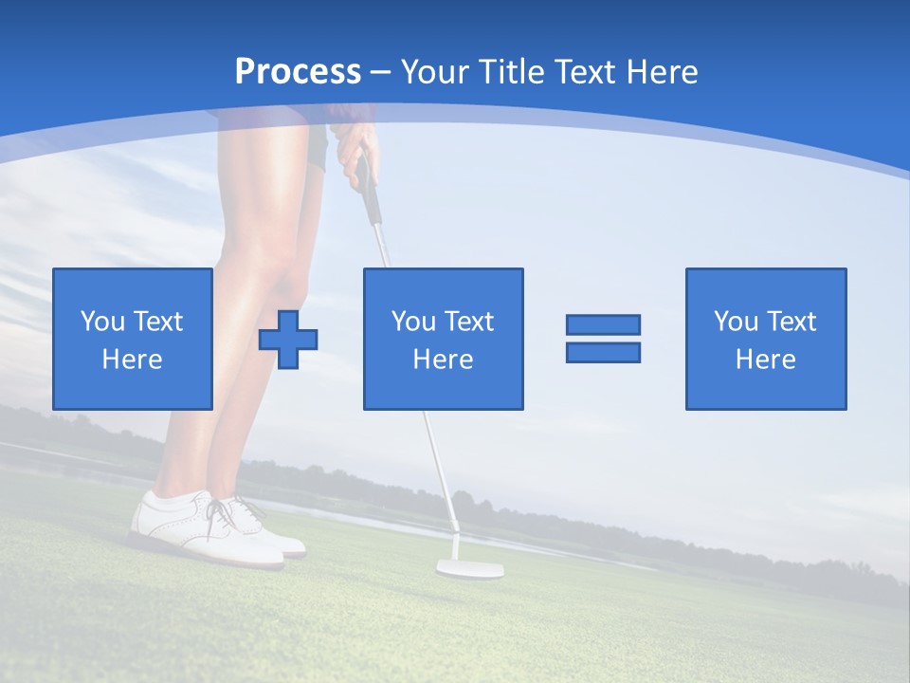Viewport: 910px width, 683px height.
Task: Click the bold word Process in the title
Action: (298, 72)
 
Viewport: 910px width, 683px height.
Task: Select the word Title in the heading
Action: (509, 72)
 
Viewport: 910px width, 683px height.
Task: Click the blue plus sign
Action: (288, 339)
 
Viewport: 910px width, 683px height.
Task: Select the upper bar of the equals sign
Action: (603, 324)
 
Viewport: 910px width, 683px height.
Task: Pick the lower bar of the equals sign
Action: (603, 353)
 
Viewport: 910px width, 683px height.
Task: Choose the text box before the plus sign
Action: (133, 339)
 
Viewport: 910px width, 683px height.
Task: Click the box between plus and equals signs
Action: (443, 339)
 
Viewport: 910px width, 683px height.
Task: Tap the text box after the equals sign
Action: (765, 339)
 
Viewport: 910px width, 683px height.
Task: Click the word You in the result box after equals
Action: (736, 322)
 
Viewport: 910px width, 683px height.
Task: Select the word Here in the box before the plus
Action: (133, 360)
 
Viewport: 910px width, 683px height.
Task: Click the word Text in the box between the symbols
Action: (468, 322)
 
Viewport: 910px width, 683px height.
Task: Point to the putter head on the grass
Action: (469, 569)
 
